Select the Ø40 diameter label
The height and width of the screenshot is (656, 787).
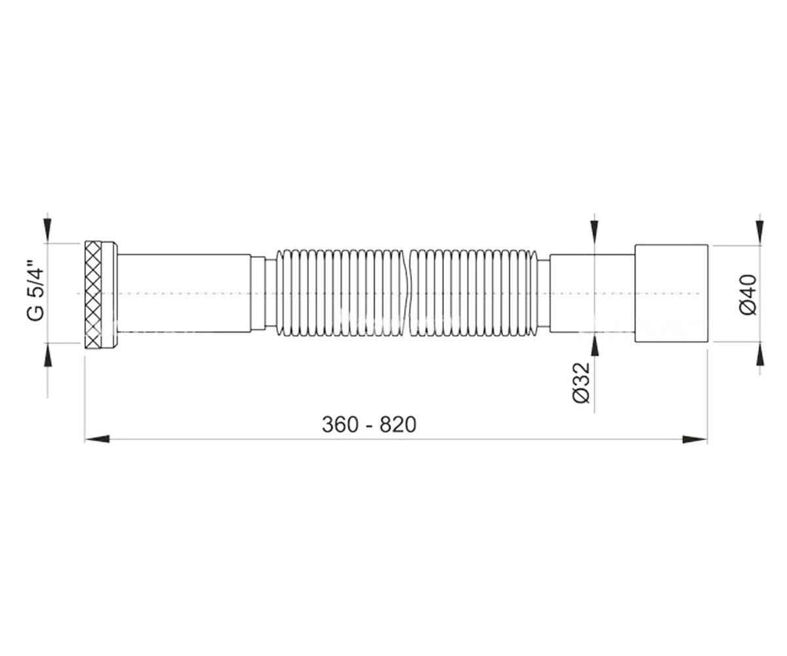[748, 294]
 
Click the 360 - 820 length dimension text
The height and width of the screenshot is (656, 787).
[369, 424]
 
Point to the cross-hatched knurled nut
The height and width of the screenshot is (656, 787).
[92, 293]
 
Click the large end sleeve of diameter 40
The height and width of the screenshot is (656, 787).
[672, 293]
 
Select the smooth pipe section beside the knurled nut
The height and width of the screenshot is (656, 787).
[184, 293]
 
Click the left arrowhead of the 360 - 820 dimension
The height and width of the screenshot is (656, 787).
[97, 440]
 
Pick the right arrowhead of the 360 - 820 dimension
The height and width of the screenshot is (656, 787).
[695, 440]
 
